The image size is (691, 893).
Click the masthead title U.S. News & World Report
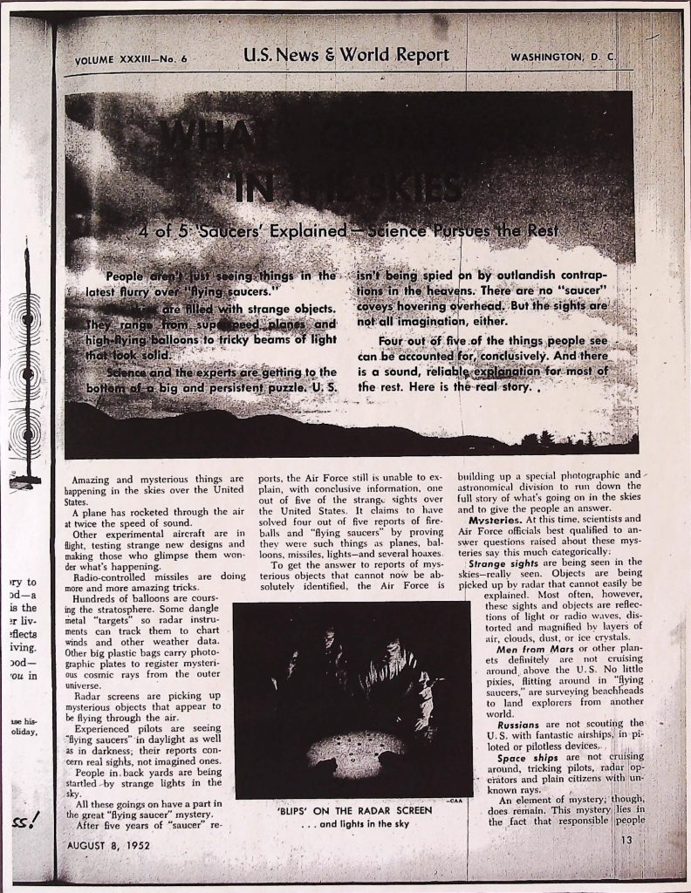346,56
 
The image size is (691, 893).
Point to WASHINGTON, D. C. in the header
563,58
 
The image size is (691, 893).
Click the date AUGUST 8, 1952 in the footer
109,845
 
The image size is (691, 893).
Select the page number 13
626,841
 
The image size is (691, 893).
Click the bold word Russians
523,725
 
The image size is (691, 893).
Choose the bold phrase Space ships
523,758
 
